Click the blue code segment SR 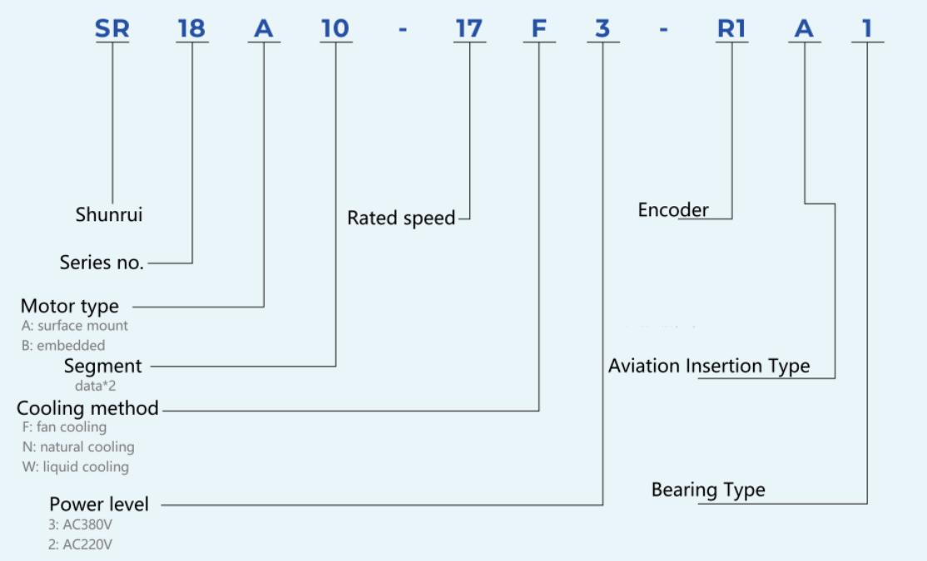[x=112, y=28]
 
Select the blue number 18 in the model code [x=191, y=28]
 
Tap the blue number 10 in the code [x=335, y=28]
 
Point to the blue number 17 [x=469, y=28]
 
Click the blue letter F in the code [x=538, y=28]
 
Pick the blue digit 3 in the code [x=602, y=28]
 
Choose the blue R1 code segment [x=731, y=28]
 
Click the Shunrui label [x=109, y=214]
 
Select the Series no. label [x=102, y=262]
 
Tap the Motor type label [x=70, y=306]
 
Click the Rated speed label [x=401, y=218]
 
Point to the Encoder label [x=673, y=209]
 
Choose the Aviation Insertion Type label [x=709, y=366]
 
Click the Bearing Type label [x=708, y=490]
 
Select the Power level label [x=99, y=504]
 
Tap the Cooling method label [x=87, y=408]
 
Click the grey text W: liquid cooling [x=76, y=466]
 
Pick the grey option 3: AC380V [x=81, y=524]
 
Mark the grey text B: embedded [x=63, y=346]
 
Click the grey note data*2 [x=95, y=386]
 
